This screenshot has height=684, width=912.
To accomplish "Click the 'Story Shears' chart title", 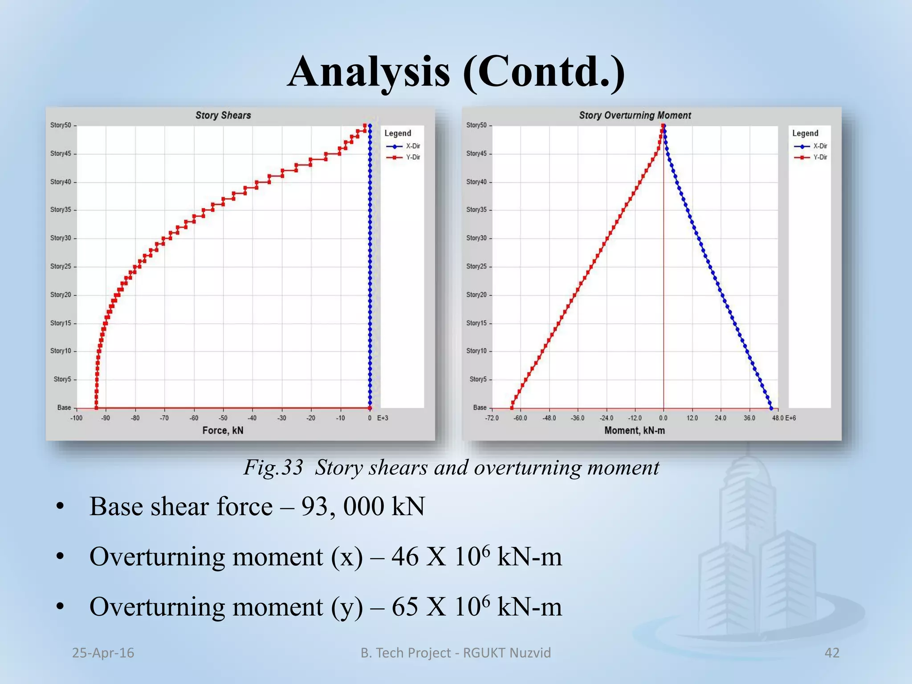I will [223, 115].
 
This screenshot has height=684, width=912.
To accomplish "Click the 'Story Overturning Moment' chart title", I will [635, 115].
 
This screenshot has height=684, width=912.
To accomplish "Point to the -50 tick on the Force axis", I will [223, 418].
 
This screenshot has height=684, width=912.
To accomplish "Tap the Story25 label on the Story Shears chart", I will [61, 266].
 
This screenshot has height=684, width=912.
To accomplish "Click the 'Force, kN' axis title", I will [223, 431].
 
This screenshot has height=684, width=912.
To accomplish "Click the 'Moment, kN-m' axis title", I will [635, 431].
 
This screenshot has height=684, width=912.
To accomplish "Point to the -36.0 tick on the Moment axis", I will [578, 418].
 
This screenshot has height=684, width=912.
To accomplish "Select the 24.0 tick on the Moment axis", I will [721, 418].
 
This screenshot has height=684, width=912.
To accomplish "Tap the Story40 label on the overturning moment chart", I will [476, 182].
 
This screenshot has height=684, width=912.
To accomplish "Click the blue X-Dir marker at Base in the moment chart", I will [771, 408].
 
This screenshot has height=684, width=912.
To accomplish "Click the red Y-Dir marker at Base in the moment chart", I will [512, 407].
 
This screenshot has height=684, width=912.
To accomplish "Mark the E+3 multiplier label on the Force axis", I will [383, 418].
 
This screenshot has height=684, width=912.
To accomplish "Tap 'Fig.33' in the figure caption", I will [273, 468].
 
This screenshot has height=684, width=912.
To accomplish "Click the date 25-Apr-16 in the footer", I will [103, 653].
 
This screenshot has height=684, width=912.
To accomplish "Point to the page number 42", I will [832, 653].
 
